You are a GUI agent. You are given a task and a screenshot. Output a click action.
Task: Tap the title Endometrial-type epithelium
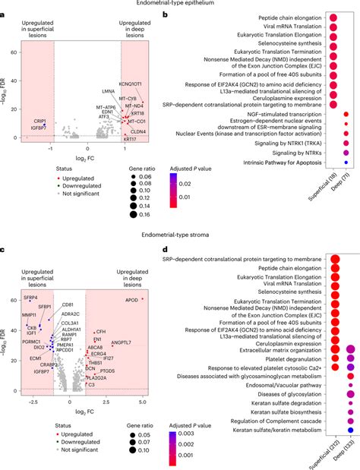pyautogui.click(x=181, y=5)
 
